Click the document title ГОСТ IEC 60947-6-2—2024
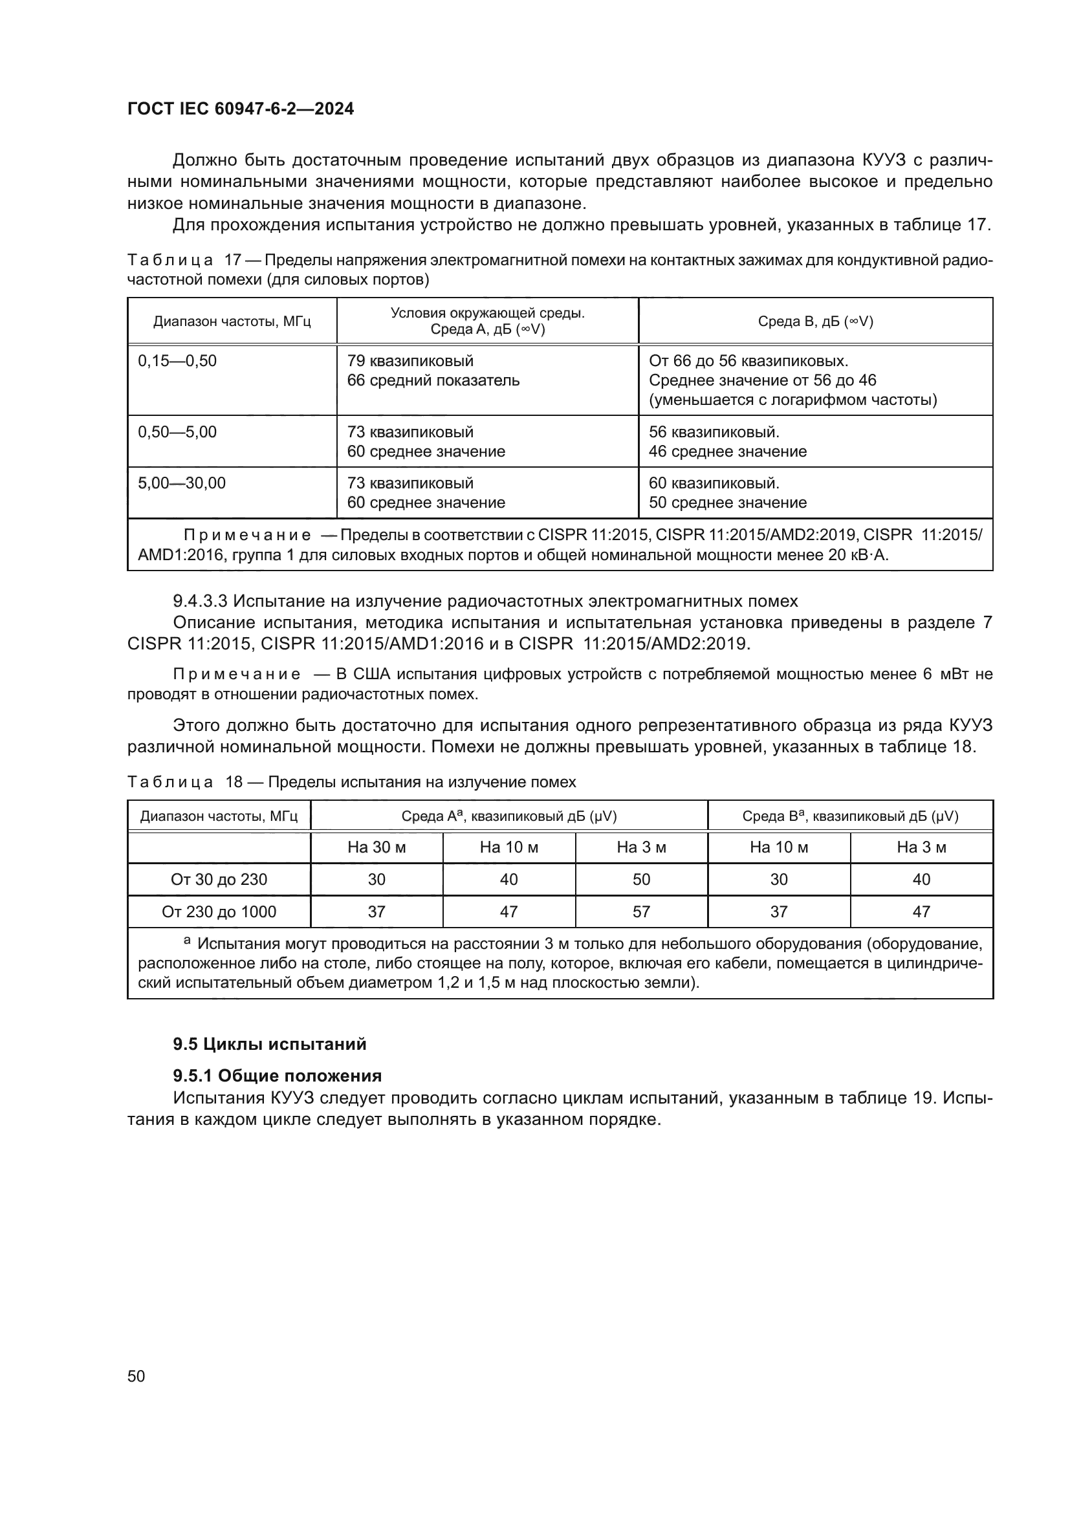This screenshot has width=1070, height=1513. click(x=241, y=109)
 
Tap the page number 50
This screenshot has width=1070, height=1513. click(x=136, y=1376)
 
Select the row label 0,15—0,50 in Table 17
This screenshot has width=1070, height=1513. click(x=177, y=361)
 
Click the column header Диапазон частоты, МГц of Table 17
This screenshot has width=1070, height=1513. click(x=232, y=321)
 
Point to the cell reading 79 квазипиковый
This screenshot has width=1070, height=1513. click(x=409, y=361)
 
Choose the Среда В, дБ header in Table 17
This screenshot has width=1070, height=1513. click(x=815, y=321)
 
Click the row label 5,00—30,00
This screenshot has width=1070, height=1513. click(x=182, y=483)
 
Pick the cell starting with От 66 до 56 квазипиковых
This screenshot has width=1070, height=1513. click(x=748, y=361)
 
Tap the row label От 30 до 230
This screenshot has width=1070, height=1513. click(x=219, y=880)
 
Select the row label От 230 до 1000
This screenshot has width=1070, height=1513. click(x=219, y=912)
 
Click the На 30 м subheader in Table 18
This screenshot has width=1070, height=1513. click(x=377, y=847)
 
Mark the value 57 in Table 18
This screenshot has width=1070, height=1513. click(x=641, y=912)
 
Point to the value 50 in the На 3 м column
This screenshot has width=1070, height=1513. click(x=641, y=880)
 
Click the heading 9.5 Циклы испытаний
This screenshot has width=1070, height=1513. click(x=270, y=1045)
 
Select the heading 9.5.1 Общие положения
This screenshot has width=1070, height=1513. click(x=278, y=1076)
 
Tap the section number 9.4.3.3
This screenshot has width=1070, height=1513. click(x=201, y=601)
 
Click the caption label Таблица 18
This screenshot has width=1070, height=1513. click(x=185, y=782)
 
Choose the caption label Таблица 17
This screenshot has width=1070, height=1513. click(x=185, y=261)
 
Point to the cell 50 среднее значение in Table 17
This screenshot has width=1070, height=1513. click(x=727, y=503)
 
